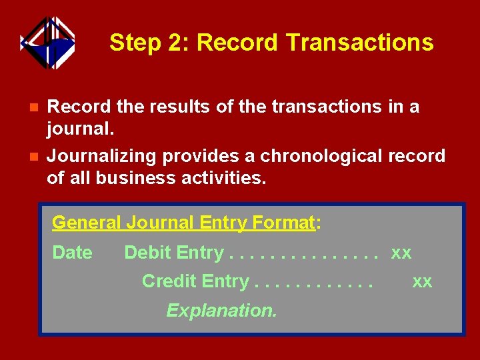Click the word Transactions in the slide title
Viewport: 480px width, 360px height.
point(360,43)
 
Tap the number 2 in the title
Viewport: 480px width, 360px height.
point(177,43)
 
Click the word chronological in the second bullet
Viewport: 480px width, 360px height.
point(320,157)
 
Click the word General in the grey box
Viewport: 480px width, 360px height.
point(85,222)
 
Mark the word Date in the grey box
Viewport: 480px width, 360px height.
point(72,253)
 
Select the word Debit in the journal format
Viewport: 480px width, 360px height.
point(148,253)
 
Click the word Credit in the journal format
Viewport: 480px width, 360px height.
point(169,281)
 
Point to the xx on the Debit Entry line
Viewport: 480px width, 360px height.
point(401,253)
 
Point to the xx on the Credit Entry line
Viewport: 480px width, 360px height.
point(422,282)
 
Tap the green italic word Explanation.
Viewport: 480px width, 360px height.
point(221,311)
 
